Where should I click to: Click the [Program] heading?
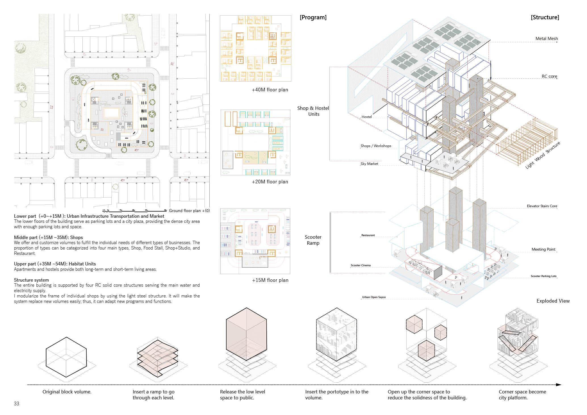click(313, 17)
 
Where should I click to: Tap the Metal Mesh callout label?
click(546, 39)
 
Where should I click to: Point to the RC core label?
click(549, 76)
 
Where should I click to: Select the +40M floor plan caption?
click(270, 90)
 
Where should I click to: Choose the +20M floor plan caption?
click(270, 182)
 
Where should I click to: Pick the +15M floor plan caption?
click(270, 280)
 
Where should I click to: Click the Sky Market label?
click(369, 164)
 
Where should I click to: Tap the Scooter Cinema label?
click(361, 265)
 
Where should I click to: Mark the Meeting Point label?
click(543, 250)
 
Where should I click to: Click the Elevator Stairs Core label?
click(542, 206)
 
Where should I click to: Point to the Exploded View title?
click(553, 301)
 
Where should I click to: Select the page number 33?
click(16, 404)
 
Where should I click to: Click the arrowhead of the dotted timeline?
click(559, 385)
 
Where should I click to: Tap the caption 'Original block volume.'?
click(67, 392)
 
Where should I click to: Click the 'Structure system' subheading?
click(31, 280)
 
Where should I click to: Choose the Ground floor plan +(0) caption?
click(189, 211)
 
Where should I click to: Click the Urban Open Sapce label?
click(374, 297)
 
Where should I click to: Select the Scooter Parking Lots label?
click(544, 276)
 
